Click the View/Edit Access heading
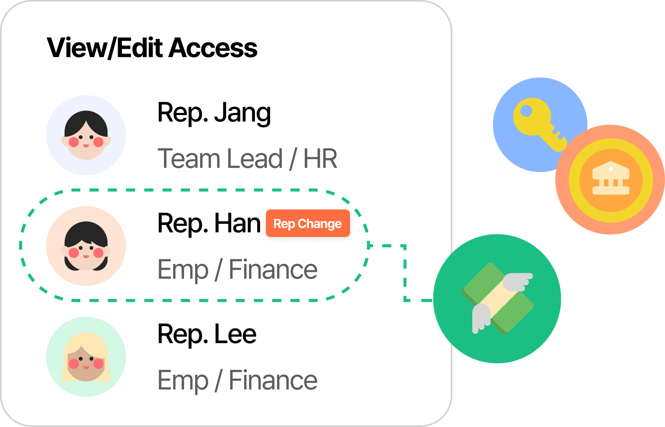click(x=152, y=48)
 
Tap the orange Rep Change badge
click(x=308, y=223)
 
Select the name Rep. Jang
click(x=214, y=113)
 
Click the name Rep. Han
click(x=209, y=223)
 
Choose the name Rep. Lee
click(x=207, y=334)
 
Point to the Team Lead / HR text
click(x=247, y=159)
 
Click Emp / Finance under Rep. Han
click(x=237, y=269)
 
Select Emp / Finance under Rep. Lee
click(x=237, y=380)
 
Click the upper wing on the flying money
click(x=517, y=281)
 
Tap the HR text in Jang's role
click(x=320, y=159)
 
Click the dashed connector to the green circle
click(x=405, y=274)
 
